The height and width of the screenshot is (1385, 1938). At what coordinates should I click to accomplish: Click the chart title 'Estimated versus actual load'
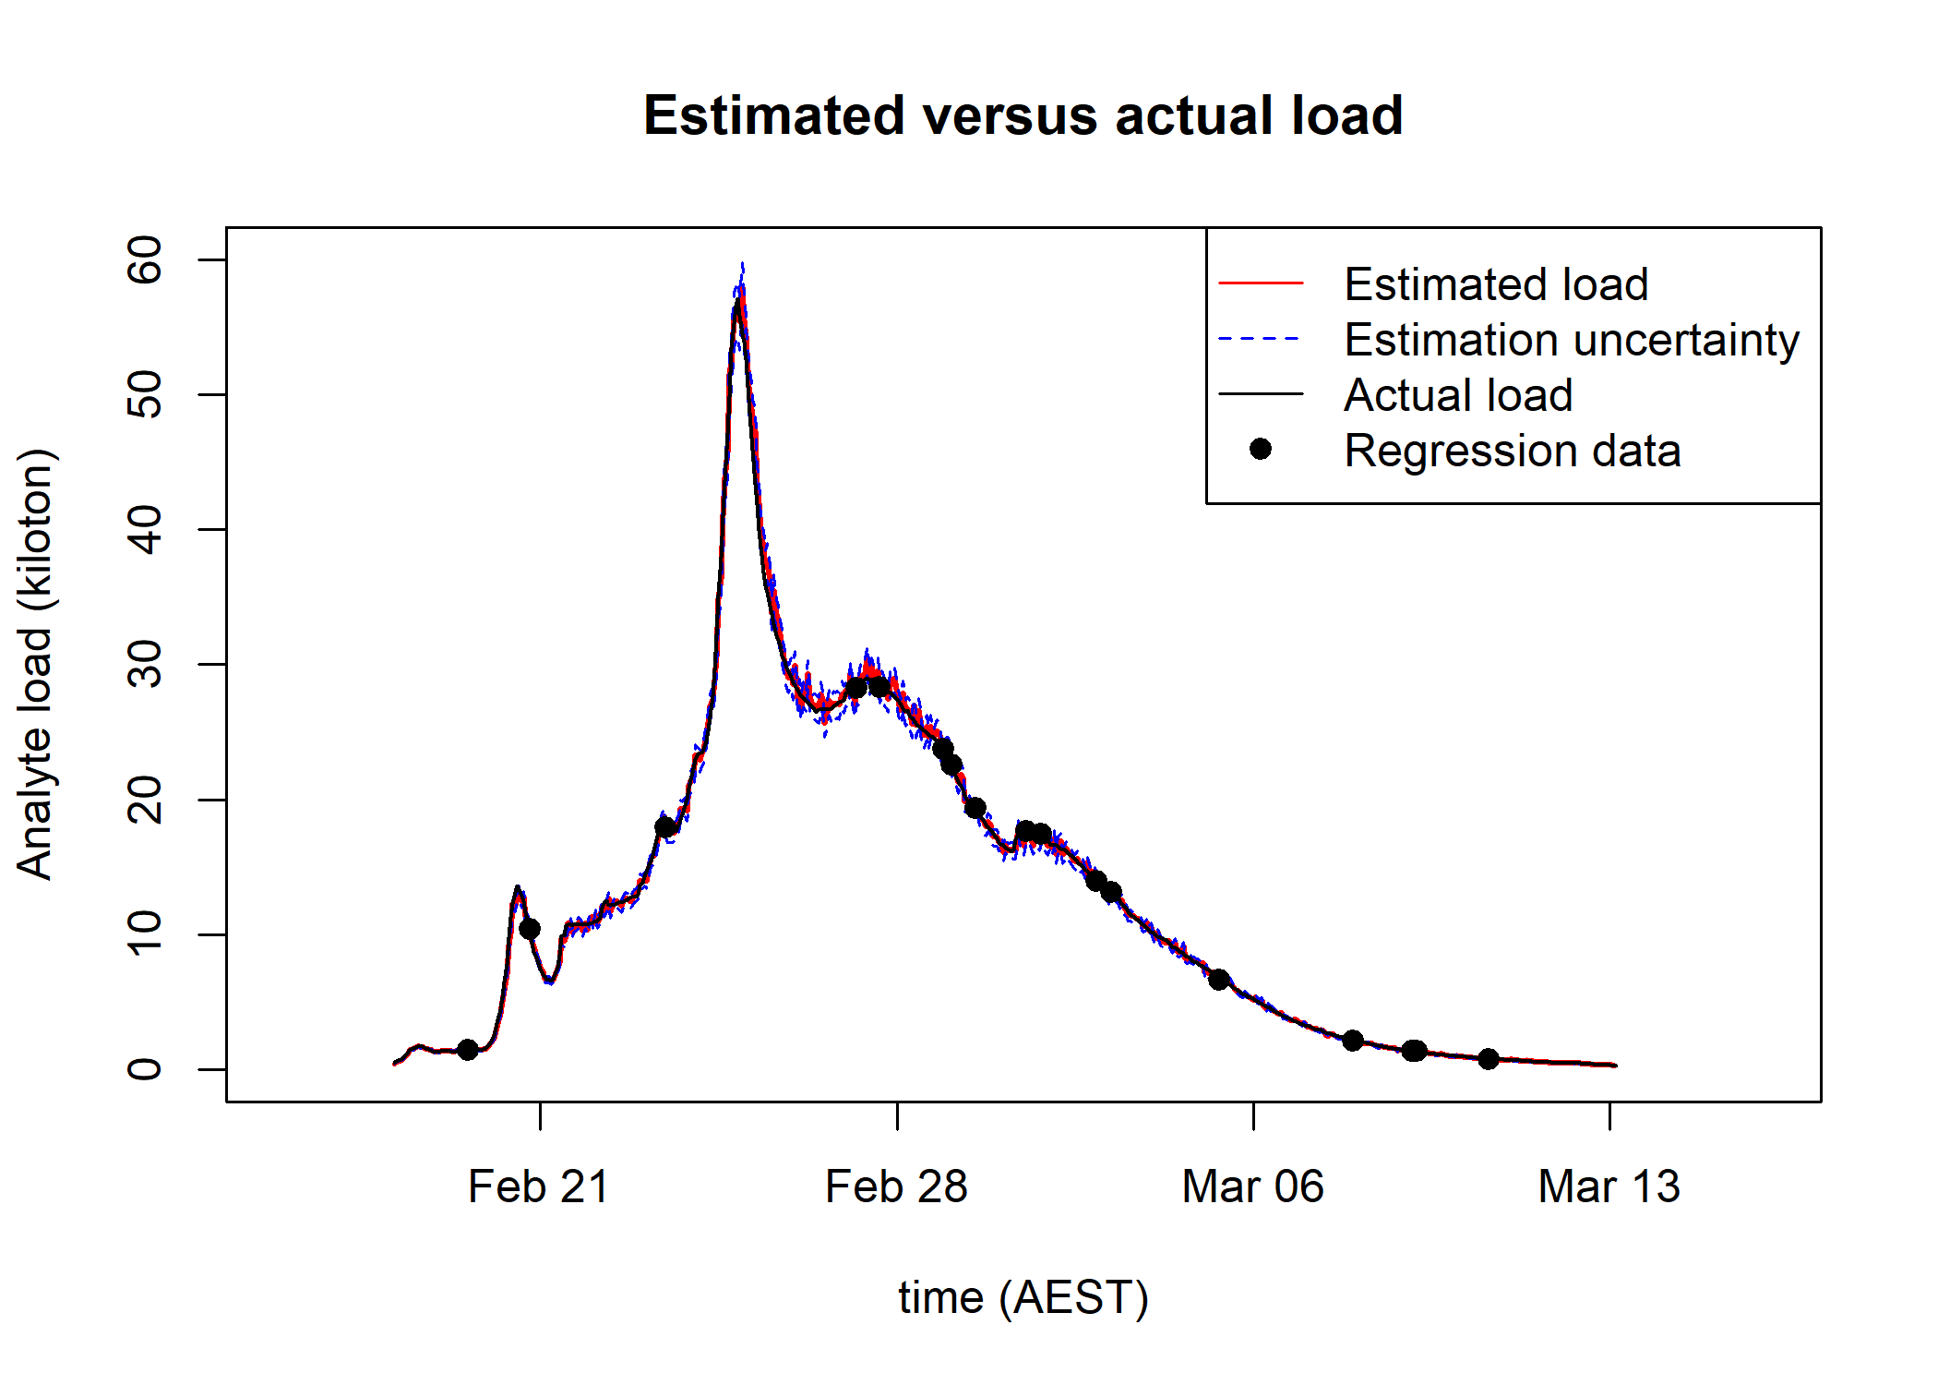pos(1023,116)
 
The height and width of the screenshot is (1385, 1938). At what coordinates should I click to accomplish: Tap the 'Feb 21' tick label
pos(539,1186)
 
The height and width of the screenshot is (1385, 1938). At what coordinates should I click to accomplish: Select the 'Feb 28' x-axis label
pos(896,1186)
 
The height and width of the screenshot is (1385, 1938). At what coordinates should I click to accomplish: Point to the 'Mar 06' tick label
pos(1252,1186)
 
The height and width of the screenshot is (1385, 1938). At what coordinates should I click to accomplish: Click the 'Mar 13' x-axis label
pos(1609,1186)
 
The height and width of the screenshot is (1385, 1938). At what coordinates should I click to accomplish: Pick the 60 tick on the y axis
pos(146,260)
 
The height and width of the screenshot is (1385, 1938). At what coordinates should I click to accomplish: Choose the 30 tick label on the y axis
pos(146,665)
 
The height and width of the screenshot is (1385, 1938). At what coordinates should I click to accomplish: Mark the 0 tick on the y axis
pos(146,1069)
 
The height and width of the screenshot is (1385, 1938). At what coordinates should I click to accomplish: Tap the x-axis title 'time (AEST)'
pos(1023,1297)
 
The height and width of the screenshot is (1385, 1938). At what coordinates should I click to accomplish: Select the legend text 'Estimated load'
pos(1496,284)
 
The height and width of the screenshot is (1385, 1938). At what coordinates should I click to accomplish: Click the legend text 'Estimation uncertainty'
pos(1572,340)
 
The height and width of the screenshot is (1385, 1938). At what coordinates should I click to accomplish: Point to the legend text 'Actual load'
pos(1458,395)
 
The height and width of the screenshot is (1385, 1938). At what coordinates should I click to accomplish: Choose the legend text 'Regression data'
pos(1512,451)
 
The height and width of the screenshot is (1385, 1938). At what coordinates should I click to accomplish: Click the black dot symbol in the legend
pos(1261,450)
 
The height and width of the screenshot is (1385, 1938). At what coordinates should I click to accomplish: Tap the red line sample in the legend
pos(1261,283)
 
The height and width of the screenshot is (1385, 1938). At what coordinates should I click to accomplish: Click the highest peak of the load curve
pos(738,297)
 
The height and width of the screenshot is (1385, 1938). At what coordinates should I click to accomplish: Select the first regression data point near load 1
pos(468,1050)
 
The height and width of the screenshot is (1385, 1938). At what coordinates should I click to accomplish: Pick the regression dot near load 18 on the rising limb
pos(665,827)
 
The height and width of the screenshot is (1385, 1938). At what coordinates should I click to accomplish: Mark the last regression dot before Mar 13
pos(1488,1059)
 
